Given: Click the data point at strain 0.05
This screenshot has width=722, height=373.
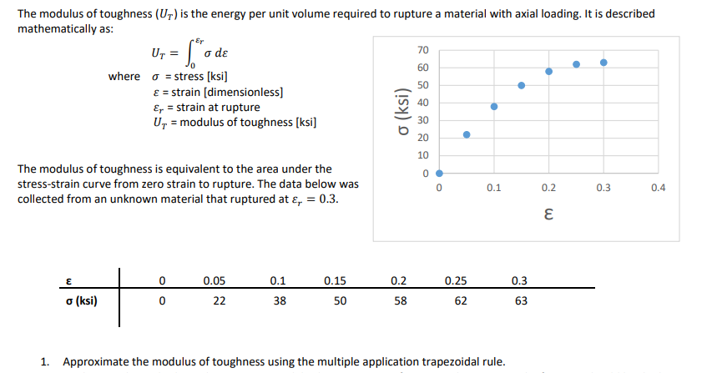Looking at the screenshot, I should (x=467, y=134).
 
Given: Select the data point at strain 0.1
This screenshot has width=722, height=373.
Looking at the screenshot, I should (x=494, y=107).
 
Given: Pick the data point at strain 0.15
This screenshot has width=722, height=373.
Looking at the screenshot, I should (x=522, y=85).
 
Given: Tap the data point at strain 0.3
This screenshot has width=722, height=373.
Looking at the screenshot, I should (x=603, y=63).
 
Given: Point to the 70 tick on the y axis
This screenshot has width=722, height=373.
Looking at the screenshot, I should (x=422, y=50).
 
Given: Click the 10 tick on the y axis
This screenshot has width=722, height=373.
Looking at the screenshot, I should (x=422, y=155).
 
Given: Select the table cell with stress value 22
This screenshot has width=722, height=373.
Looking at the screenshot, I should (x=219, y=301).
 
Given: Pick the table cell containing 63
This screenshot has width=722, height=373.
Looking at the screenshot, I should (x=520, y=301).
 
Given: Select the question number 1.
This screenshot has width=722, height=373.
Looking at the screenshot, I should (x=46, y=361).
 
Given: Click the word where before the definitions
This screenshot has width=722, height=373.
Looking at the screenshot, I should (x=124, y=77).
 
